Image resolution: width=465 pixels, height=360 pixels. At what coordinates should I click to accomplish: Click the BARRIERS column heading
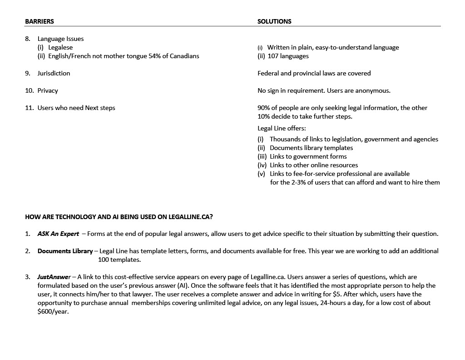(40, 21)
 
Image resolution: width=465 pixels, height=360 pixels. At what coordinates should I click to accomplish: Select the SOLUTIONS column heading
(274, 21)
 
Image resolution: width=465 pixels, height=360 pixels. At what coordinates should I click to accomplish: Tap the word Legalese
(60, 47)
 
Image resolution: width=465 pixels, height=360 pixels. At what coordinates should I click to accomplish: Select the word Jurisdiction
(54, 73)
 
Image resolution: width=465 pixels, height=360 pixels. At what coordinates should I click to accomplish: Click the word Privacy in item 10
(48, 90)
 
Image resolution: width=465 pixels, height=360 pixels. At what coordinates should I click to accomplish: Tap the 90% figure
(264, 108)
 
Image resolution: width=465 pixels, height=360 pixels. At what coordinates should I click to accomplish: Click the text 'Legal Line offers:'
(282, 128)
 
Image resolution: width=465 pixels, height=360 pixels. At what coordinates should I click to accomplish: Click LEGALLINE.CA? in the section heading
(190, 217)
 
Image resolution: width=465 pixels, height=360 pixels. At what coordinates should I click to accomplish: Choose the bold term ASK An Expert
(58, 234)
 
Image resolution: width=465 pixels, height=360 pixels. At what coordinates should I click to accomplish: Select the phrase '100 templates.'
(119, 260)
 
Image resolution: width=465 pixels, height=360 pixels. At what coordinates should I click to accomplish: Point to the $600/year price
(53, 311)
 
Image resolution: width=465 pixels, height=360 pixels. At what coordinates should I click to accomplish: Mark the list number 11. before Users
(30, 108)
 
